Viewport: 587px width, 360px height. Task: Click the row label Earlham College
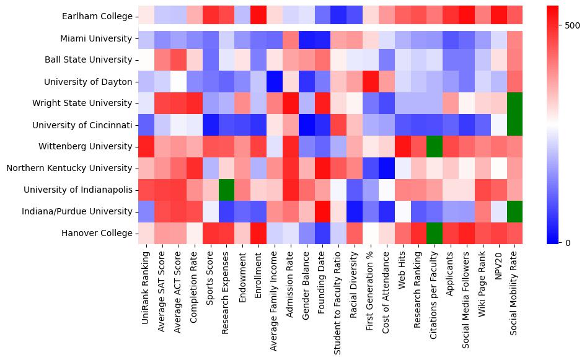(x=97, y=17)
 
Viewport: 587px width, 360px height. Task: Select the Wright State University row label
(x=89, y=103)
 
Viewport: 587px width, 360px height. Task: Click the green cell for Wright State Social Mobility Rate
(x=514, y=103)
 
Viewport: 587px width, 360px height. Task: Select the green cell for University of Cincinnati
(x=514, y=125)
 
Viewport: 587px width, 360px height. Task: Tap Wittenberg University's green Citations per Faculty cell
(x=435, y=146)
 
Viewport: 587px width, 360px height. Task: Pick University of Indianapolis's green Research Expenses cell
(x=226, y=190)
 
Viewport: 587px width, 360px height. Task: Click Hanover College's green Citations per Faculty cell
(x=435, y=233)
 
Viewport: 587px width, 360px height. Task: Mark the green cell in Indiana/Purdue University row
(x=514, y=211)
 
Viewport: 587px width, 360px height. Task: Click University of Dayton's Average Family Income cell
(x=275, y=81)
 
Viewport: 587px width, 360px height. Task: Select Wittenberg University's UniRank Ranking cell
(x=146, y=146)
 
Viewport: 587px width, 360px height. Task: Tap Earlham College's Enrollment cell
(x=258, y=17)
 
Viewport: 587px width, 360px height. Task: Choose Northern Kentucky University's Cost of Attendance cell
(x=387, y=168)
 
